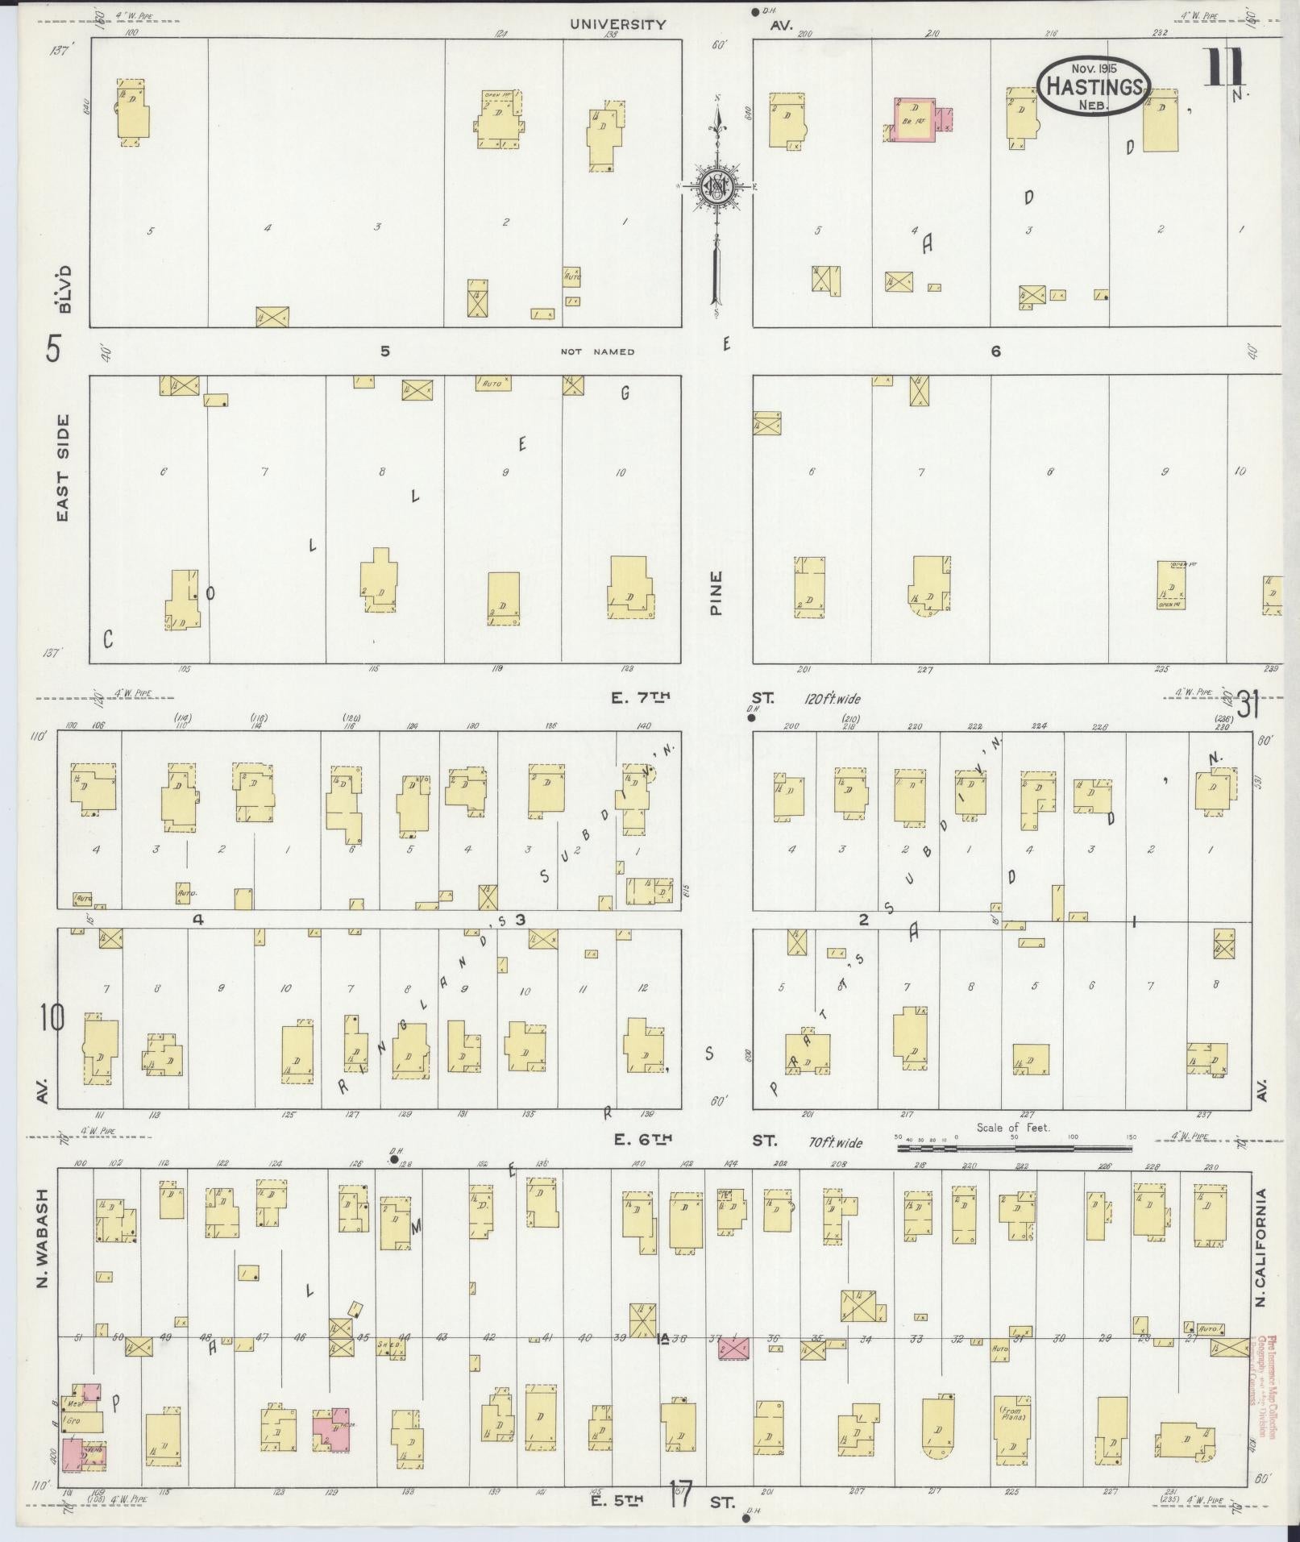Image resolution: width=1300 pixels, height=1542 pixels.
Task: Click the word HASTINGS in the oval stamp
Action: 1094,86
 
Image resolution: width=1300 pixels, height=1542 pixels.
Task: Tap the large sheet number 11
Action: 1224,69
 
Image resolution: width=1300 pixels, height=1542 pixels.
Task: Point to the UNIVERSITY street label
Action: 618,24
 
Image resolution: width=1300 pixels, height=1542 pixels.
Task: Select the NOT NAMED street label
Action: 597,351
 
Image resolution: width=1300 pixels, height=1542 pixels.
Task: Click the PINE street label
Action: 716,593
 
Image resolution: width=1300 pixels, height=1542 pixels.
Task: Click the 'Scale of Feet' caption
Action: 1013,1128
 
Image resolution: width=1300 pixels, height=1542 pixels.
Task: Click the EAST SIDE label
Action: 63,468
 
